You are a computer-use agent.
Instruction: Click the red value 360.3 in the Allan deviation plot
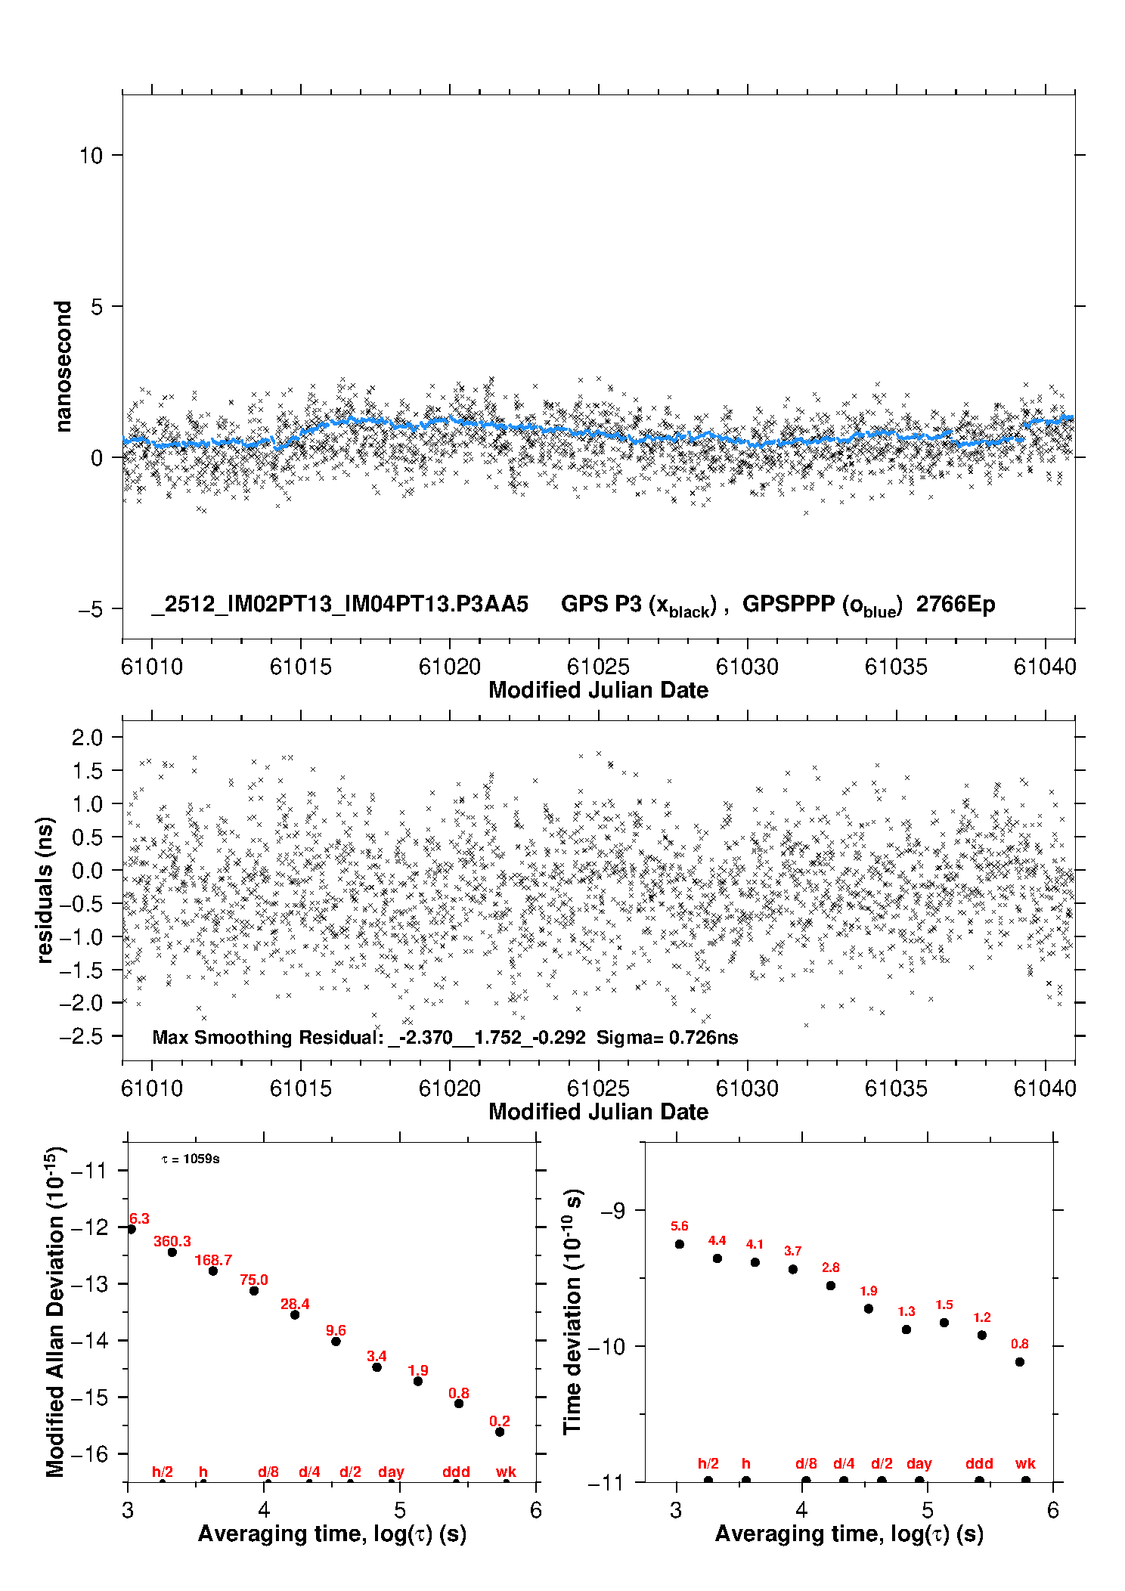pyautogui.click(x=172, y=1241)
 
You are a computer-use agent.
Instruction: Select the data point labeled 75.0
pyautogui.click(x=254, y=1290)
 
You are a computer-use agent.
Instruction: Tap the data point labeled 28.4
pyautogui.click(x=295, y=1314)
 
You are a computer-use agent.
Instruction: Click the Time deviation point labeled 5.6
pyautogui.click(x=680, y=1244)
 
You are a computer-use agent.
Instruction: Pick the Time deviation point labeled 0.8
pyautogui.click(x=1020, y=1362)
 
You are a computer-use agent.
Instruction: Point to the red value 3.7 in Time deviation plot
pyautogui.click(x=792, y=1251)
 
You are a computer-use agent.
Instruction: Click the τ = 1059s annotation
pyautogui.click(x=191, y=1159)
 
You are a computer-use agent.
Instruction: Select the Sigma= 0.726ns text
pyautogui.click(x=667, y=1037)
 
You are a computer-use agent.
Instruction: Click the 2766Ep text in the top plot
pyautogui.click(x=956, y=604)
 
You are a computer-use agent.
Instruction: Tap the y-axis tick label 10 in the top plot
pyautogui.click(x=91, y=156)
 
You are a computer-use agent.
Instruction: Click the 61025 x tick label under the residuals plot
pyautogui.click(x=598, y=1088)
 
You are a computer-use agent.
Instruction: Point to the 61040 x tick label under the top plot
pyautogui.click(x=1045, y=667)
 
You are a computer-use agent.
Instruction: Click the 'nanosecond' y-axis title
pyautogui.click(x=64, y=367)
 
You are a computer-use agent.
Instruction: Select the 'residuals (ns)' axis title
pyautogui.click(x=45, y=890)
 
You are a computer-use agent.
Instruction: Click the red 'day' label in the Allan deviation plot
pyautogui.click(x=391, y=1472)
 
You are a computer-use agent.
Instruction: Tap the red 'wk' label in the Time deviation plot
pyautogui.click(x=1025, y=1463)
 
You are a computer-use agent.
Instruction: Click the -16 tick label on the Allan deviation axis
pyautogui.click(x=90, y=1454)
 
